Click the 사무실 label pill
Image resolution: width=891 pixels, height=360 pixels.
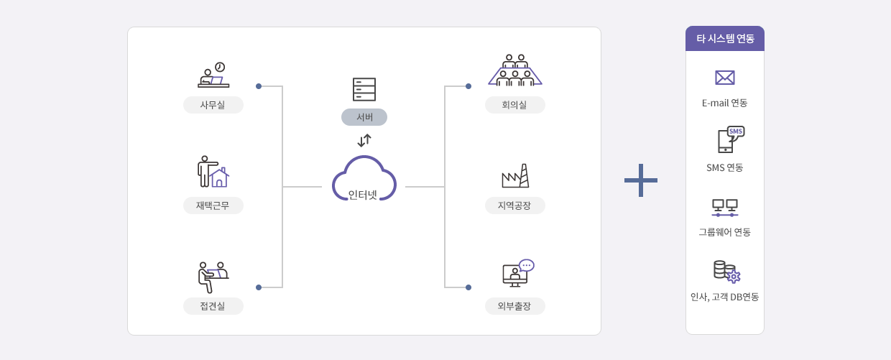coord(213,105)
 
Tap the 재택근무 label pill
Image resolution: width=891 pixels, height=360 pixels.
coord(213,206)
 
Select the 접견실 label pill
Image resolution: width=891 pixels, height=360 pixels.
coord(213,306)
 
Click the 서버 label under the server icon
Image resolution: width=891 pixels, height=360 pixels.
coord(364,117)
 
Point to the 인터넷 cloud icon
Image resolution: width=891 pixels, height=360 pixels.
coord(364,179)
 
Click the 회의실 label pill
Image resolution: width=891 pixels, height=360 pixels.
coord(515,105)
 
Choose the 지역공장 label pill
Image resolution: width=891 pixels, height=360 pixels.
coord(515,206)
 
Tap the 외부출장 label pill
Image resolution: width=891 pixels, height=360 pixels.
coord(515,306)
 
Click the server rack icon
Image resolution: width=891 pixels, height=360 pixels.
coord(364,89)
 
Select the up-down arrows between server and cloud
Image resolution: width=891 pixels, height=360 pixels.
coord(364,140)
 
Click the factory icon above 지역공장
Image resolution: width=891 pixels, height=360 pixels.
coord(515,176)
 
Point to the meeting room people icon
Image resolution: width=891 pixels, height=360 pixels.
coord(515,70)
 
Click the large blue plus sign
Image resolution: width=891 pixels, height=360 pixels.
coord(641,180)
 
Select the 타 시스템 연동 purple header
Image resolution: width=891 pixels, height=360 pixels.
coord(725,39)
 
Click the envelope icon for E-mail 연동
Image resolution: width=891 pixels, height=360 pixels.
coord(725,78)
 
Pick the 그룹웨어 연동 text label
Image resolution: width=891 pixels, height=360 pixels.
coord(725,232)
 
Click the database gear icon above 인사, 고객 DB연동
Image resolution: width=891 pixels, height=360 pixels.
coord(726,272)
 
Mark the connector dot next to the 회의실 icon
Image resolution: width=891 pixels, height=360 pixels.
coord(468,86)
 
